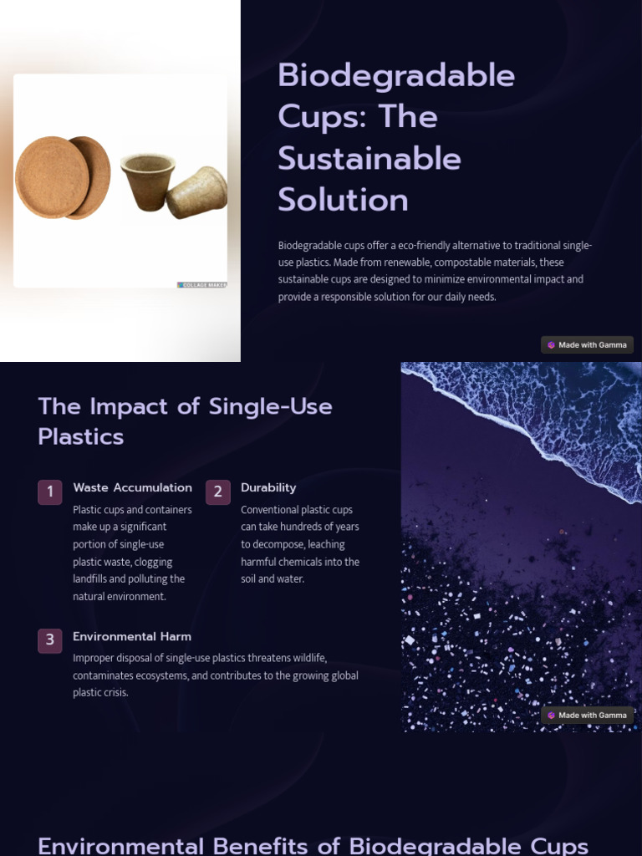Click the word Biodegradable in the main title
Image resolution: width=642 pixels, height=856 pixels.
pyautogui.click(x=395, y=76)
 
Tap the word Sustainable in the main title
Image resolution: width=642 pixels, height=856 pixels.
pyautogui.click(x=369, y=158)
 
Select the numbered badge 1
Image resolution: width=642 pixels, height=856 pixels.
pyautogui.click(x=50, y=492)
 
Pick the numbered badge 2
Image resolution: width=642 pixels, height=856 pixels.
pyautogui.click(x=218, y=492)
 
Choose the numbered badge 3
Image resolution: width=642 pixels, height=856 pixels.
pyautogui.click(x=50, y=640)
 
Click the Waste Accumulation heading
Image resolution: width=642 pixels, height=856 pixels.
pyautogui.click(x=132, y=487)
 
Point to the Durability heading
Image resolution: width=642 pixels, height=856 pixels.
pyautogui.click(x=268, y=487)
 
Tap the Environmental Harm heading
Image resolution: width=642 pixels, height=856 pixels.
pyautogui.click(x=132, y=636)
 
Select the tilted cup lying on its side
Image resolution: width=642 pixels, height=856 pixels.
pyautogui.click(x=197, y=191)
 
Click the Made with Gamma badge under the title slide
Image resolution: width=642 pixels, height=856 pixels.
pyautogui.click(x=587, y=344)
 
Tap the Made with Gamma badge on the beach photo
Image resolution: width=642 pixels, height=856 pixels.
pyautogui.click(x=587, y=715)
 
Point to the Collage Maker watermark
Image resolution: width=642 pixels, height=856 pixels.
pyautogui.click(x=202, y=285)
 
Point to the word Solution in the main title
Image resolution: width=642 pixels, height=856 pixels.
pyautogui.click(x=343, y=200)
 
